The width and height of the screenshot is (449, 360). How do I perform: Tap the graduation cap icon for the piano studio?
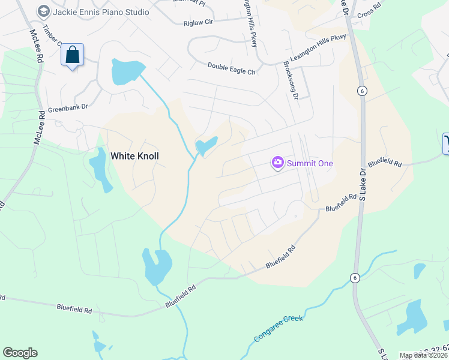tap(43, 11)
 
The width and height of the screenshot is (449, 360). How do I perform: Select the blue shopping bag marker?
tap(72, 55)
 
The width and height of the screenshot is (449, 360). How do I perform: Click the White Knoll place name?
tap(135, 155)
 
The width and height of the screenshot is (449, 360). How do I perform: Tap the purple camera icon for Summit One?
tap(277, 163)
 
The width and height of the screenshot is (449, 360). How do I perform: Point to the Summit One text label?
tap(310, 163)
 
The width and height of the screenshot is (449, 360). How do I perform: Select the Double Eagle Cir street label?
tap(232, 68)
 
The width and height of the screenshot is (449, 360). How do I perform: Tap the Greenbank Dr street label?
tap(68, 107)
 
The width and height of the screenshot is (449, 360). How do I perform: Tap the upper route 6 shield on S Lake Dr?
tap(361, 91)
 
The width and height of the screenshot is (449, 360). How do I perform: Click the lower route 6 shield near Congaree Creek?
tap(354, 277)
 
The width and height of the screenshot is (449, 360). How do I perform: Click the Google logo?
tap(20, 353)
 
